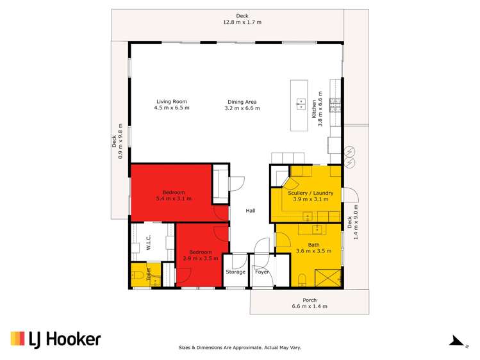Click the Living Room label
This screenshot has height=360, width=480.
pyautogui.click(x=172, y=102)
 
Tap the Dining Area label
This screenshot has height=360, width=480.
pyautogui.click(x=242, y=102)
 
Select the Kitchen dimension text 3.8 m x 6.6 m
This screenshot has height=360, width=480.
pyautogui.click(x=320, y=109)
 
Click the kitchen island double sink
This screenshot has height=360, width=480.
pyautogui.click(x=301, y=104)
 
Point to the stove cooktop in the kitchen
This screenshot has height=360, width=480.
pyautogui.click(x=335, y=105)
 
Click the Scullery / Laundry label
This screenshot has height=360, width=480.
pyautogui.click(x=310, y=193)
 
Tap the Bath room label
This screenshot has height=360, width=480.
pyautogui.click(x=313, y=245)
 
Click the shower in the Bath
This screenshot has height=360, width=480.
pyautogui.click(x=327, y=278)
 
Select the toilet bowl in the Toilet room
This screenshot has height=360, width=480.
pyautogui.click(x=138, y=275)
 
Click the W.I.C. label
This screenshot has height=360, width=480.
pyautogui.click(x=149, y=242)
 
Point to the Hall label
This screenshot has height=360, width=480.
pyautogui.click(x=251, y=211)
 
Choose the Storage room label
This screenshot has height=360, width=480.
pyautogui.click(x=235, y=272)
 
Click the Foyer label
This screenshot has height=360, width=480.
pyautogui.click(x=262, y=272)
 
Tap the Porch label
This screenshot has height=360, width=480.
pyautogui.click(x=310, y=300)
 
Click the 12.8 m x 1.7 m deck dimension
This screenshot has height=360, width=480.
pyautogui.click(x=242, y=22)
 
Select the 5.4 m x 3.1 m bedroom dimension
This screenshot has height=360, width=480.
pyautogui.click(x=174, y=198)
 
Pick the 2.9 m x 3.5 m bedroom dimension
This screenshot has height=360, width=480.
pyautogui.click(x=201, y=258)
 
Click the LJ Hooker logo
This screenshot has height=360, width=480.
pyautogui.click(x=56, y=340)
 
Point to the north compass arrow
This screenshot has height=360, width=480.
pyautogui.click(x=457, y=341)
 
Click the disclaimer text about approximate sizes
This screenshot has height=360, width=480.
pyautogui.click(x=240, y=347)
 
